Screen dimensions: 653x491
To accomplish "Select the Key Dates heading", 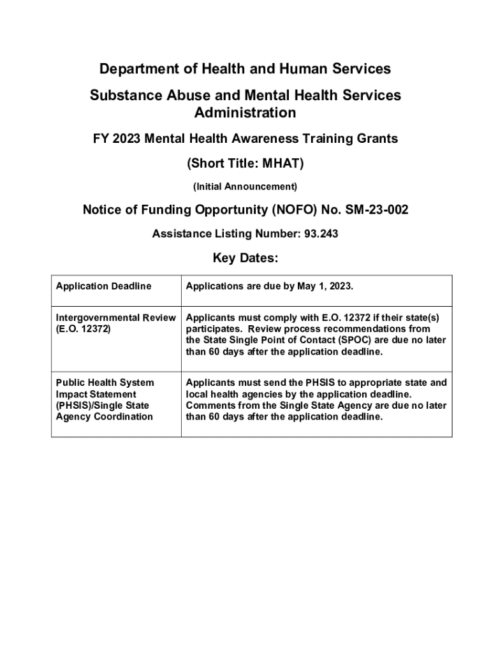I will click(x=245, y=258).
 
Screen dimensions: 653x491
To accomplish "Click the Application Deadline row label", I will click(x=104, y=286).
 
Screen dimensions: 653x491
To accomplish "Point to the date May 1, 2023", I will click(x=325, y=286).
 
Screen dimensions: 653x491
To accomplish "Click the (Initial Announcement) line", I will click(x=245, y=187).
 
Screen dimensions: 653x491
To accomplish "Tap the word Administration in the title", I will click(x=245, y=113).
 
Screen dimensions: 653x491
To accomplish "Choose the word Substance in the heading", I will click(x=122, y=96).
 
